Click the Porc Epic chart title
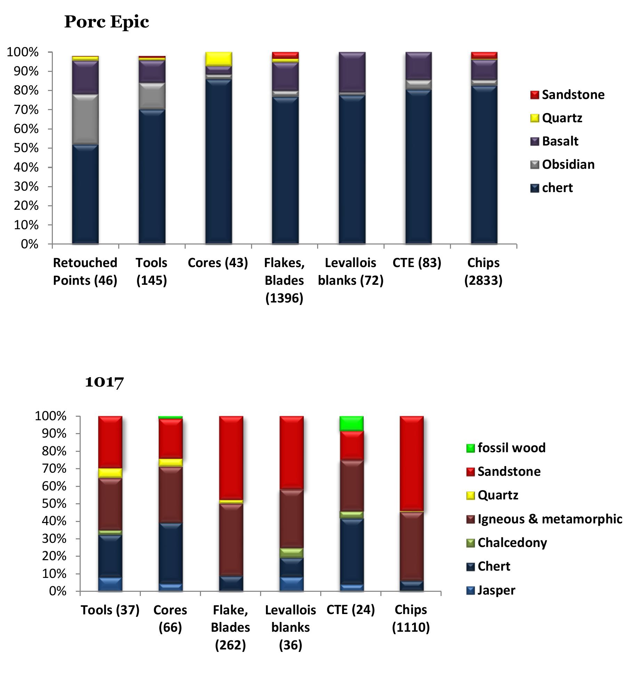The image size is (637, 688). [106, 22]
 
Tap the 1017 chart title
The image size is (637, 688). [104, 382]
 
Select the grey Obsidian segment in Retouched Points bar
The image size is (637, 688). [85, 119]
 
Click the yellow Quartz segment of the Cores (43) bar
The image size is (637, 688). [218, 59]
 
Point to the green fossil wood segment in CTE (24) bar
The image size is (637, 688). [351, 423]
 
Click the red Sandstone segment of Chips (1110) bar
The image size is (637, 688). [411, 463]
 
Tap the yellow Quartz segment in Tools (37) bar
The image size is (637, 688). [110, 473]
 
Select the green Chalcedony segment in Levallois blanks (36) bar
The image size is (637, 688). [291, 553]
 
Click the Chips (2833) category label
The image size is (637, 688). [483, 272]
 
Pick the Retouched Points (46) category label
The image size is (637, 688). [85, 272]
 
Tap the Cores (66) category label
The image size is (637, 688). [170, 619]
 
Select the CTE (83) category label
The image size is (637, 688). [417, 263]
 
